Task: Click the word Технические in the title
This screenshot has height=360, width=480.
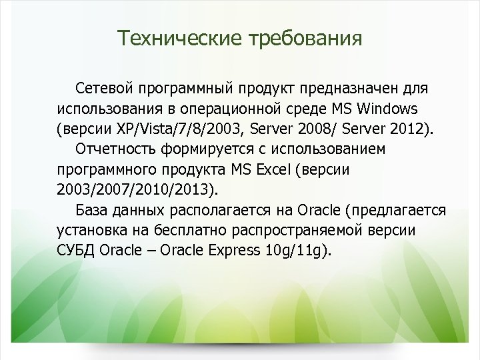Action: click(179, 38)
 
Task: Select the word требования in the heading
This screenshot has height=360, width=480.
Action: click(305, 38)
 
